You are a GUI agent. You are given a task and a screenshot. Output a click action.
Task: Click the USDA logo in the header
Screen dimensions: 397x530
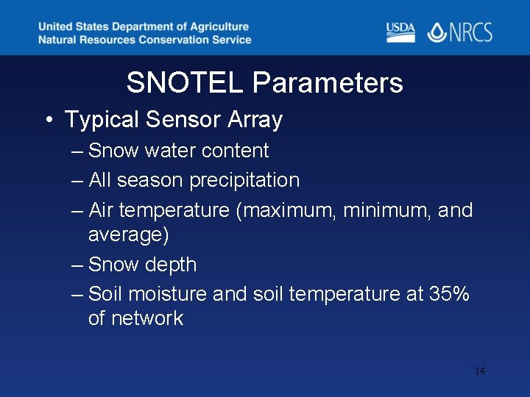pyautogui.click(x=400, y=32)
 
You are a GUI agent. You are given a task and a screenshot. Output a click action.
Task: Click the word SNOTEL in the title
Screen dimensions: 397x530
pyautogui.click(x=185, y=83)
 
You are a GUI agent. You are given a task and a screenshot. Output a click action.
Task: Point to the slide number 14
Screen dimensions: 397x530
pyautogui.click(x=479, y=371)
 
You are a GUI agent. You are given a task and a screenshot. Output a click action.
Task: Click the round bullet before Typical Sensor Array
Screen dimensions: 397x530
pyautogui.click(x=47, y=120)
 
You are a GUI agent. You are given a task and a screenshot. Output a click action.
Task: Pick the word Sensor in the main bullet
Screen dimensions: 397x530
pyautogui.click(x=184, y=120)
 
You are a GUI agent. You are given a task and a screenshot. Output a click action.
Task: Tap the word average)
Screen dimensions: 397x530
pyautogui.click(x=128, y=235)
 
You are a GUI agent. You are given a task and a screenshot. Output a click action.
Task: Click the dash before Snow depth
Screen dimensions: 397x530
pyautogui.click(x=78, y=265)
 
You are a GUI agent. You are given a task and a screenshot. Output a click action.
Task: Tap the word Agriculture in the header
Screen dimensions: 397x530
pyautogui.click(x=213, y=27)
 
